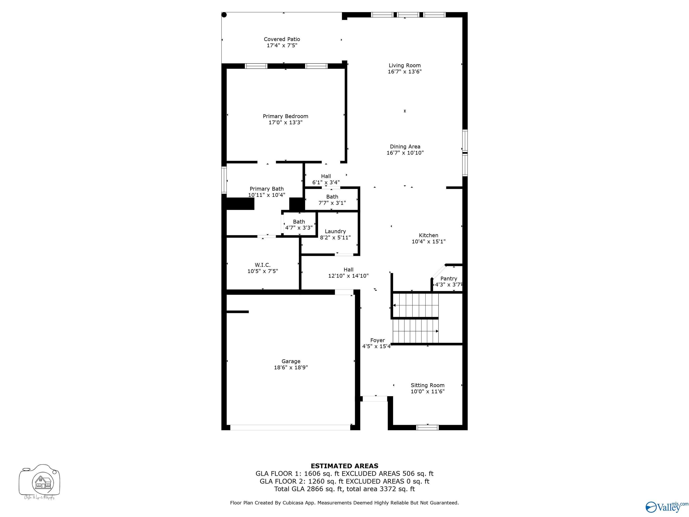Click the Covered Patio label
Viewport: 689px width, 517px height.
point(282,39)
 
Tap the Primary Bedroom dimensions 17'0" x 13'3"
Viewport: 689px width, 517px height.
point(285,123)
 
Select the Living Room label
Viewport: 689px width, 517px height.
point(405,66)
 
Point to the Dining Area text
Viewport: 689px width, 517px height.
point(405,147)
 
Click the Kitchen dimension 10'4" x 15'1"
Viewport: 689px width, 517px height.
point(429,241)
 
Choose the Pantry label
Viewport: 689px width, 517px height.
point(449,279)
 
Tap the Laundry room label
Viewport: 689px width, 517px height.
point(335,231)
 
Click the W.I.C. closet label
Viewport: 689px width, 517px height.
point(263,265)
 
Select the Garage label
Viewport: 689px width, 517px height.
point(291,361)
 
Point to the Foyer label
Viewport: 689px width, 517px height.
point(377,340)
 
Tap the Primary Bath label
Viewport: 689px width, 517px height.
point(267,189)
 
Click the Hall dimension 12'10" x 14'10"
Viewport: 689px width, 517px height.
point(348,276)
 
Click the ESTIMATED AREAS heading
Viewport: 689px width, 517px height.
point(344,466)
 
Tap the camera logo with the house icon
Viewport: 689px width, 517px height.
point(39,482)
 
